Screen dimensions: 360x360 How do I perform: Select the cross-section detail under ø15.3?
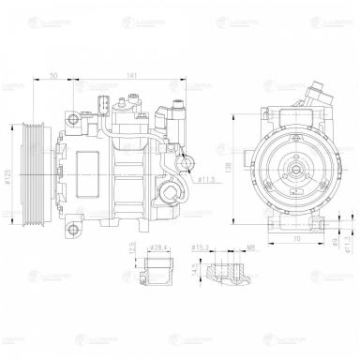pos(225,273)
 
